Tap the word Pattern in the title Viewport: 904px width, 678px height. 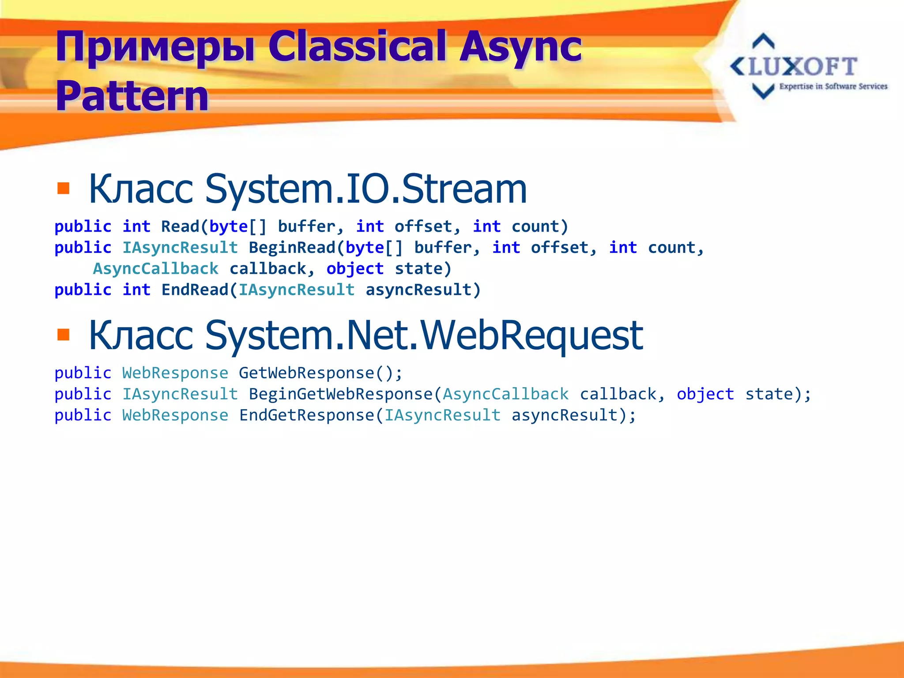tap(132, 96)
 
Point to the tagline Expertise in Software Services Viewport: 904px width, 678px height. tap(833, 87)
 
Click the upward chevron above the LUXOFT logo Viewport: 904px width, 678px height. tap(763, 41)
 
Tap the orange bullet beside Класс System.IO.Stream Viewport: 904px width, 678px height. tap(64, 188)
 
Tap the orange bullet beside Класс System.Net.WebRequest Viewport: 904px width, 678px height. tap(64, 335)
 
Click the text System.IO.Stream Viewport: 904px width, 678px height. tap(366, 188)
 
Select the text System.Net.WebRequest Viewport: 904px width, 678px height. tap(424, 335)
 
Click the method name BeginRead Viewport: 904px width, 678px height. tap(292, 248)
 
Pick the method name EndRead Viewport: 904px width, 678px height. tap(195, 290)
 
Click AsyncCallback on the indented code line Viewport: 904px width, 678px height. tap(155, 269)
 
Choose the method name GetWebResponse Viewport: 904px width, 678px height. tap(306, 373)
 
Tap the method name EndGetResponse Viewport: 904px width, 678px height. tap(306, 415)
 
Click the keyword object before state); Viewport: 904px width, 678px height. tap(705, 394)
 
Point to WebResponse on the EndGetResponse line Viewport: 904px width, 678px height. tap(175, 415)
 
